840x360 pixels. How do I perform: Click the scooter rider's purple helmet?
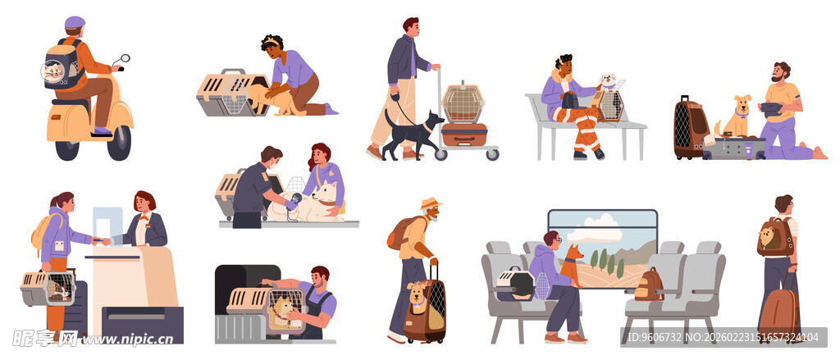(x=75, y=22)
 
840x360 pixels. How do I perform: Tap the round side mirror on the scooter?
(x=125, y=58)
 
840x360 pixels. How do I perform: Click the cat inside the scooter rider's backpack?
(x=53, y=71)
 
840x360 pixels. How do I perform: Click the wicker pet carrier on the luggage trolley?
(x=463, y=102)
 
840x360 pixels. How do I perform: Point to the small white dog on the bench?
(x=608, y=82)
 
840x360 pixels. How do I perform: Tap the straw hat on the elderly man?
(x=430, y=203)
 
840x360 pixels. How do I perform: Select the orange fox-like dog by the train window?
(x=572, y=265)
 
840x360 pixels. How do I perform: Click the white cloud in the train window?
(x=595, y=230)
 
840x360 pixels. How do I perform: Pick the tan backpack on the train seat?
(x=649, y=285)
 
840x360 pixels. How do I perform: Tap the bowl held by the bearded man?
(x=769, y=109)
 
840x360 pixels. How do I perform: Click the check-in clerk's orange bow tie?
(x=143, y=218)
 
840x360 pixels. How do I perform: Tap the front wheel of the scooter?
(x=119, y=143)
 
